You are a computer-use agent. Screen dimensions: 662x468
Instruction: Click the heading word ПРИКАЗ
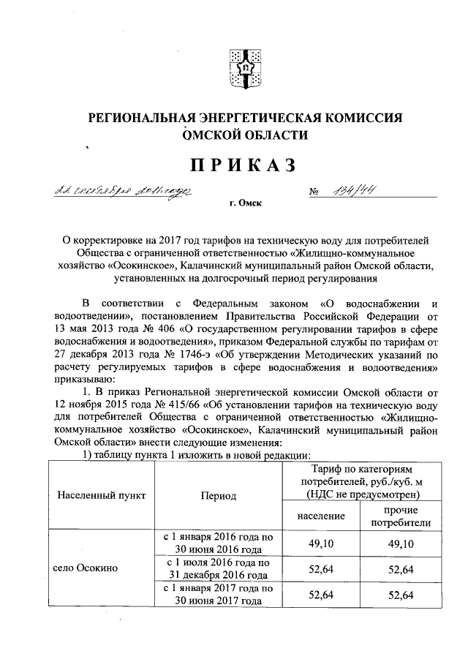(x=244, y=165)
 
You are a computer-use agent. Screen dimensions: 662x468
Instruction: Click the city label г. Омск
(x=244, y=207)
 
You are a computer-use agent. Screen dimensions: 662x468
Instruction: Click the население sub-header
(x=321, y=516)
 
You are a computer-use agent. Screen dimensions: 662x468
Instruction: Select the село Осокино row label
(x=86, y=568)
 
